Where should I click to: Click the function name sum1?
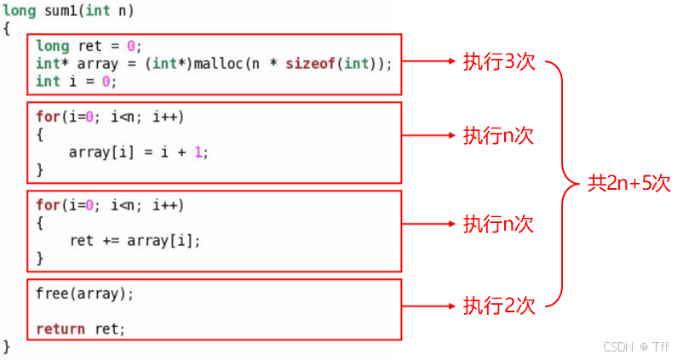58,12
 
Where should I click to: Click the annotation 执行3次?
498,62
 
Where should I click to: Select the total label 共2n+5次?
629,183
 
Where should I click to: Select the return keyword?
60,329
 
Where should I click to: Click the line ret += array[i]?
135,241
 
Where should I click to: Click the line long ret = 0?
89,46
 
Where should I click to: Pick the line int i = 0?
76,82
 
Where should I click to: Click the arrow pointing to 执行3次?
430,62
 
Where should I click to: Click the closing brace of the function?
7,346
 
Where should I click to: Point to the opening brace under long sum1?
7,29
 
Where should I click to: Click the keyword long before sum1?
19,12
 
